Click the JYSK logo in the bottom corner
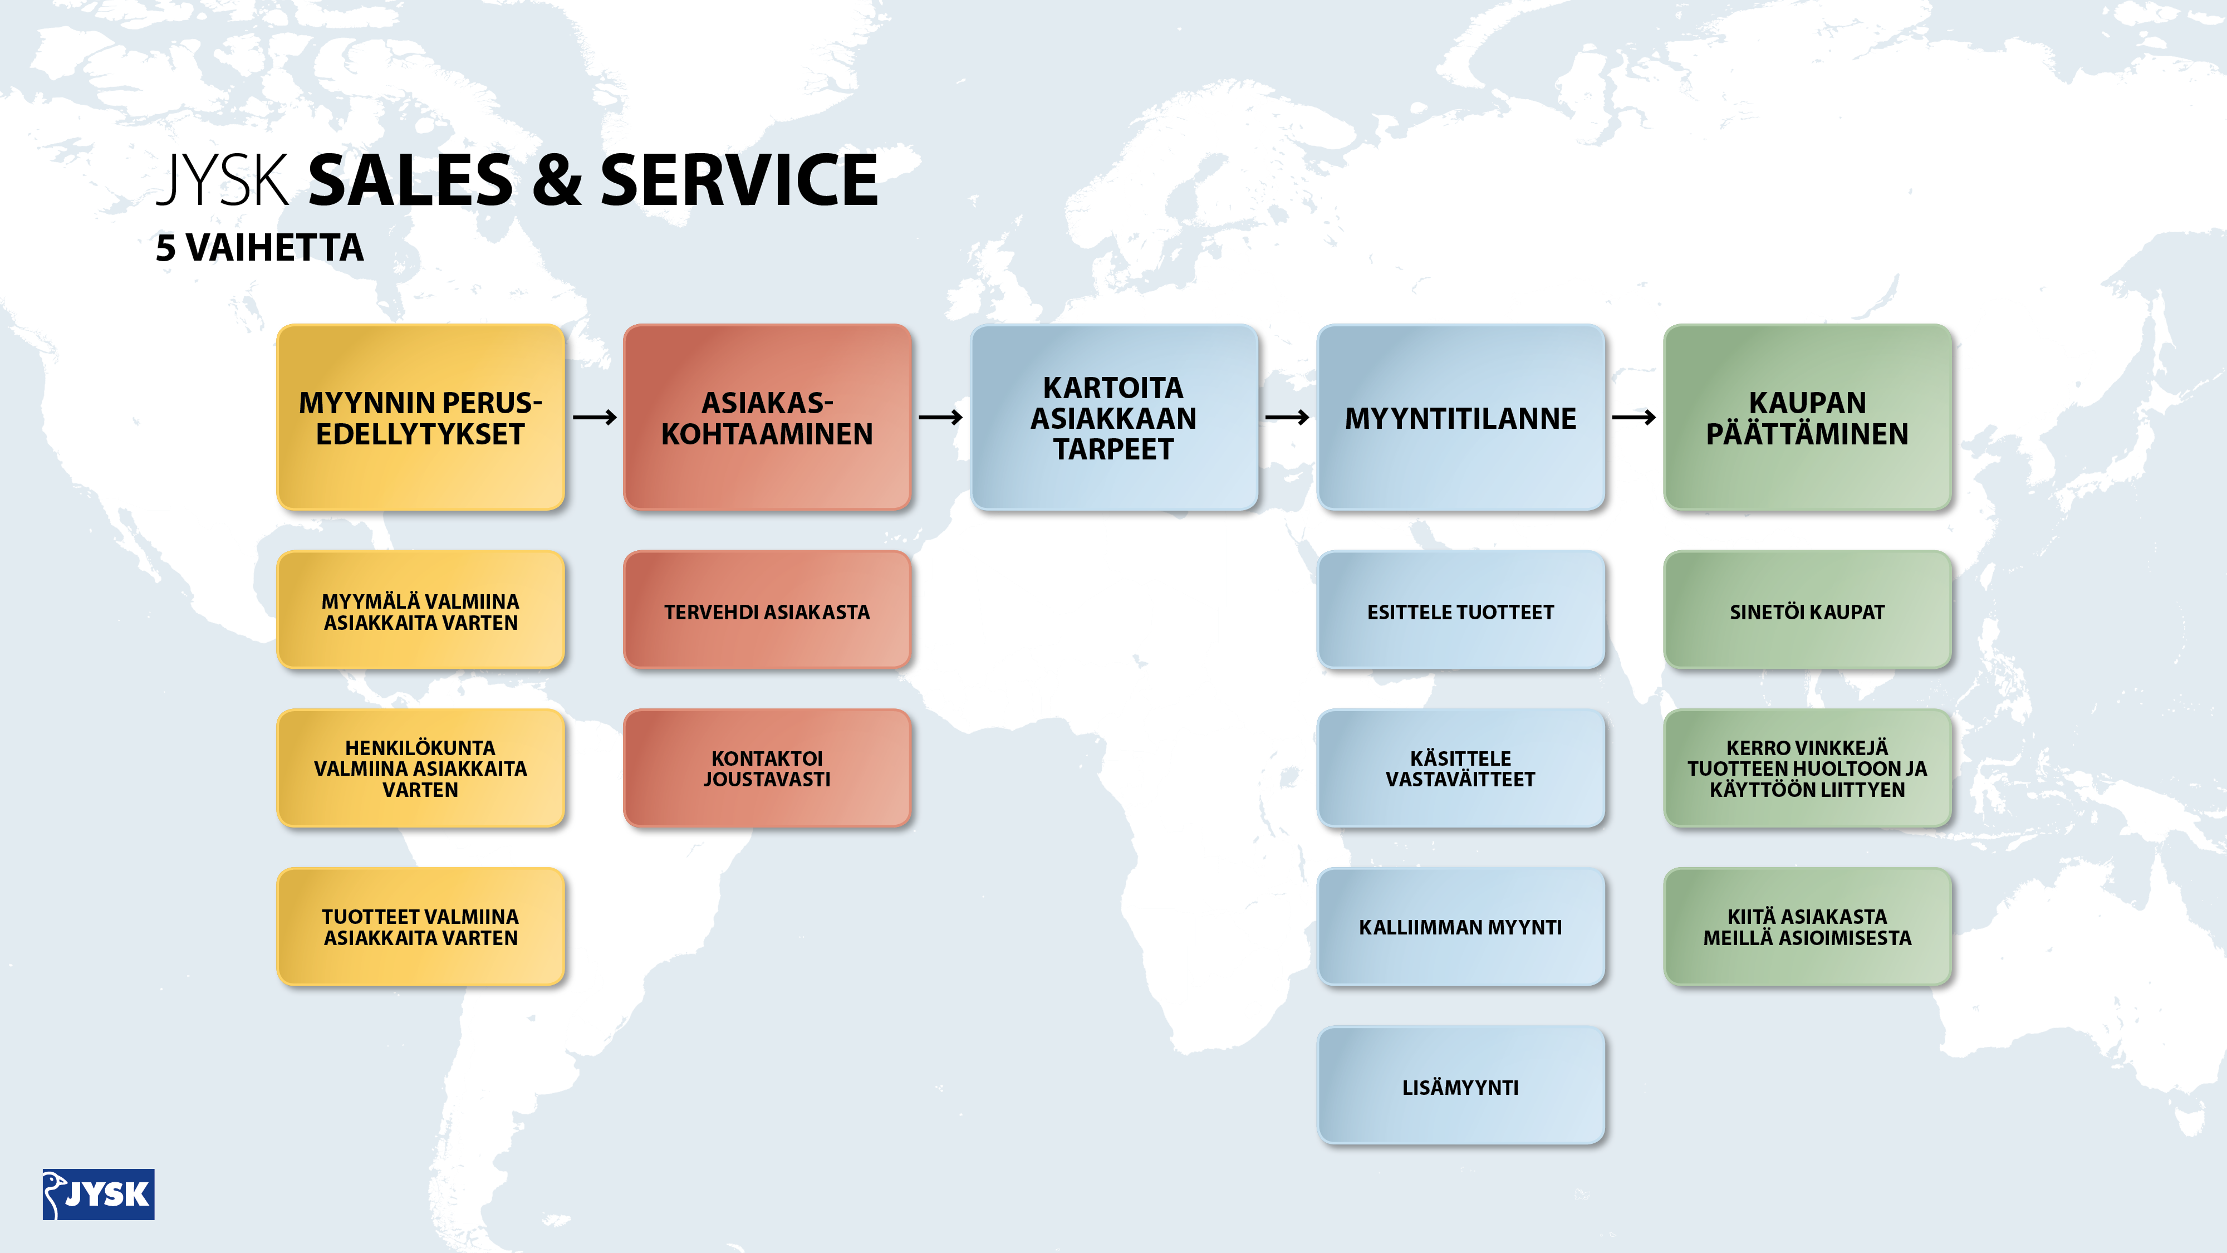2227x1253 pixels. click(x=99, y=1194)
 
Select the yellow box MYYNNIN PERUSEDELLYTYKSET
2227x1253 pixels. click(x=420, y=418)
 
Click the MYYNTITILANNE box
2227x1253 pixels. click(x=1460, y=418)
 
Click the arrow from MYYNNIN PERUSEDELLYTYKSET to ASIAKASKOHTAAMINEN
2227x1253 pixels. click(x=595, y=418)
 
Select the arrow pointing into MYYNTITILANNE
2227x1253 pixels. click(x=1287, y=418)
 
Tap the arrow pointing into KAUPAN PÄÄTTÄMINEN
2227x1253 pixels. click(x=1634, y=418)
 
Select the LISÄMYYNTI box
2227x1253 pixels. click(x=1460, y=1086)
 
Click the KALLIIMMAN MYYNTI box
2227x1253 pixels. click(x=1460, y=927)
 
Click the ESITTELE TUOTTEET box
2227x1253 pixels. click(x=1460, y=610)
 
